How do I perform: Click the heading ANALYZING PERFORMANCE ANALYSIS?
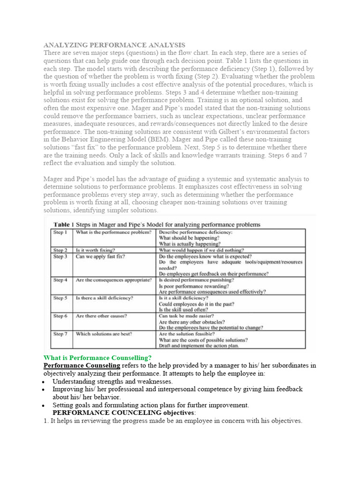[114, 45]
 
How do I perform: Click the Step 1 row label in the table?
[60, 232]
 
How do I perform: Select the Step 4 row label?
[60, 280]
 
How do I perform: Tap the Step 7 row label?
[60, 334]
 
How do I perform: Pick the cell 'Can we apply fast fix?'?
[100, 257]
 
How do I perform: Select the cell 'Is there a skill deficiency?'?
[104, 298]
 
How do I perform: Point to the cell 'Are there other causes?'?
[101, 316]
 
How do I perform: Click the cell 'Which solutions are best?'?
[104, 334]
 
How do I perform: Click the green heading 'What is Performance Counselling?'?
[97, 358]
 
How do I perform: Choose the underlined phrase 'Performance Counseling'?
[82, 366]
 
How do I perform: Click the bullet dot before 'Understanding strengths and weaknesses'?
[43, 382]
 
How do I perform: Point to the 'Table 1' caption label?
[67, 224]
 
